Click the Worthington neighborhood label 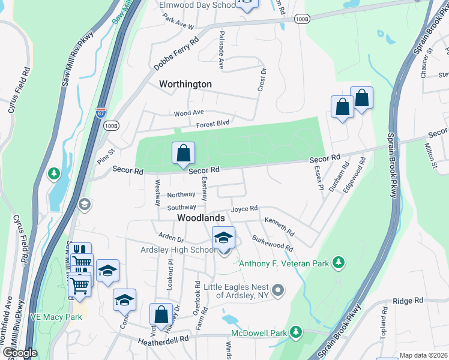[x=185, y=84]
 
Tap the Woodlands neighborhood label [x=200, y=218]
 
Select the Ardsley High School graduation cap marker [x=223, y=239]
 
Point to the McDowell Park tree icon [x=295, y=332]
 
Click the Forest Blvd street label [x=213, y=125]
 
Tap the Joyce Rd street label [x=244, y=208]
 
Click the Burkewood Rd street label [x=273, y=243]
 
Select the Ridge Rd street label [x=408, y=300]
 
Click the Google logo [x=19, y=353]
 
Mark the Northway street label [x=181, y=194]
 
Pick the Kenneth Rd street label [x=280, y=227]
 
